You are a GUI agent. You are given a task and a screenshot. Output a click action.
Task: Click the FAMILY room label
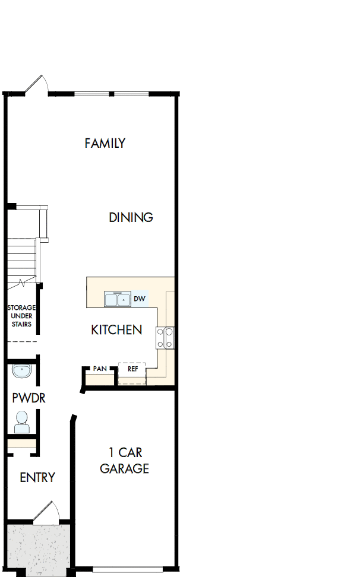click(105, 143)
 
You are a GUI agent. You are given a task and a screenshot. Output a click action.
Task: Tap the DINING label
click(131, 217)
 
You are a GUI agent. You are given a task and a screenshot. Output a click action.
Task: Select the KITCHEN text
click(116, 329)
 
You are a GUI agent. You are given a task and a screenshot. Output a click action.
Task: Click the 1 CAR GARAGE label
click(124, 461)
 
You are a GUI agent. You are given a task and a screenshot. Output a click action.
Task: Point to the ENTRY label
click(37, 477)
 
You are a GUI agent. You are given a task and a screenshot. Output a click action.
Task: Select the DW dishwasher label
click(140, 299)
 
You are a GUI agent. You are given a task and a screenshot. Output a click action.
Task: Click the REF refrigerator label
click(132, 369)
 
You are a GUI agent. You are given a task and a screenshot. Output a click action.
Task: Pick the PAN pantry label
click(100, 369)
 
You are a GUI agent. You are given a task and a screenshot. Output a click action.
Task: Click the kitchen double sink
click(117, 299)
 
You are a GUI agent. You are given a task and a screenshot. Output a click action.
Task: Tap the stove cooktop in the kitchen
click(165, 337)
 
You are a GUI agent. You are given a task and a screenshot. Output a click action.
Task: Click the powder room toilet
click(22, 422)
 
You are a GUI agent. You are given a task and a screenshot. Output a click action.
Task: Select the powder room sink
click(22, 372)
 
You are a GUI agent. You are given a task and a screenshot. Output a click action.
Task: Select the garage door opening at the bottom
click(127, 569)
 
